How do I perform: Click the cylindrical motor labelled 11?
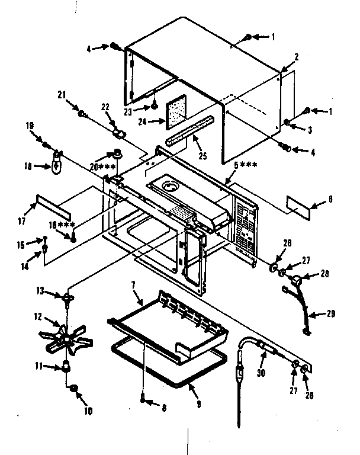click(x=66, y=367)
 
